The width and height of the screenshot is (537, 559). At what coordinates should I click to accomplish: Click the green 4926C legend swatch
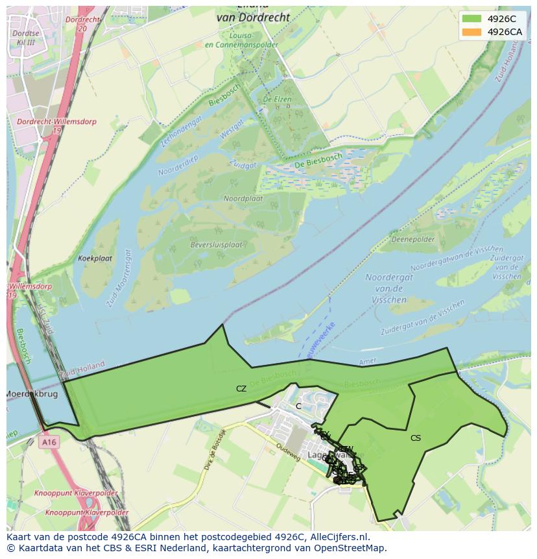pyautogui.click(x=472, y=19)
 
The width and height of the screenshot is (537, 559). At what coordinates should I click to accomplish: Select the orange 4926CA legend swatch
pyautogui.click(x=472, y=32)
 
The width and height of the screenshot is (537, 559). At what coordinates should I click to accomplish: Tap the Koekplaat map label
pyautogui.click(x=95, y=258)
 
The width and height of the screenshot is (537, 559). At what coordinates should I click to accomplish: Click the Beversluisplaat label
pyautogui.click(x=216, y=245)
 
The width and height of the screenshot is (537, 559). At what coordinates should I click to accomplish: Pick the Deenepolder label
pyautogui.click(x=413, y=240)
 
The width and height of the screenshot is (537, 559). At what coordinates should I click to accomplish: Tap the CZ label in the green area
pyautogui.click(x=241, y=389)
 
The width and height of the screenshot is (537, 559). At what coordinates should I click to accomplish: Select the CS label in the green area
pyautogui.click(x=416, y=438)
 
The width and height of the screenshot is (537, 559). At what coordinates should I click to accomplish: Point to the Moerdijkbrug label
pyautogui.click(x=32, y=394)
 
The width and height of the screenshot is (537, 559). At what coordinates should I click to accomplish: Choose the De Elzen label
pyautogui.click(x=277, y=99)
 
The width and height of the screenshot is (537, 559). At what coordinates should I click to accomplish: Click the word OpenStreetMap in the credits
pyautogui.click(x=354, y=548)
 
